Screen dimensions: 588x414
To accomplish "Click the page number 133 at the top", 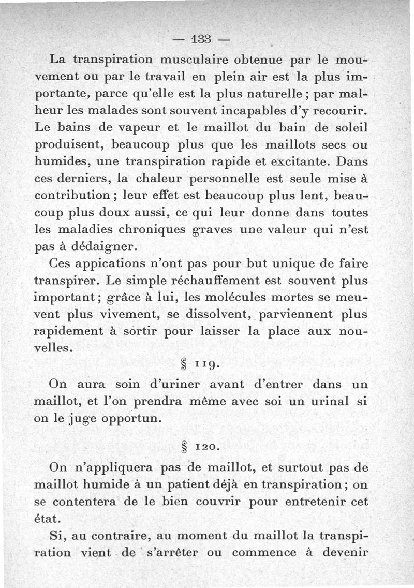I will [x=202, y=39].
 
